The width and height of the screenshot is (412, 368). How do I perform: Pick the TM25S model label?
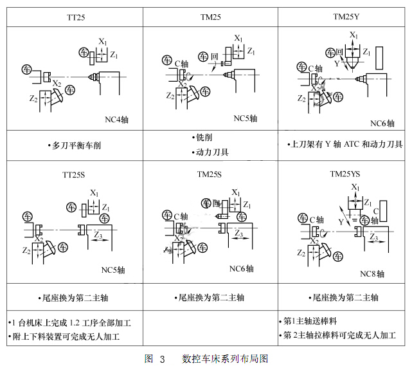pos(210,174)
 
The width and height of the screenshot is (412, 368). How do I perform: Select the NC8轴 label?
pos(372,273)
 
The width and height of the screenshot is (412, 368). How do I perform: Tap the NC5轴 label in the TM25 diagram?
pos(245,118)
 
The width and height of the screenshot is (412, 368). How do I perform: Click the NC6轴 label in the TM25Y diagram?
pos(382,123)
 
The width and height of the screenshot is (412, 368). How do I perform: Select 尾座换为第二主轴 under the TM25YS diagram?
pos(345,298)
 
